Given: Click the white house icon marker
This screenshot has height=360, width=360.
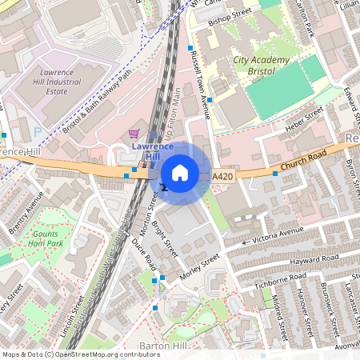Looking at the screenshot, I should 180,173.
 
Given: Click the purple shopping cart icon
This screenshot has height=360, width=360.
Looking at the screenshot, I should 134,134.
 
